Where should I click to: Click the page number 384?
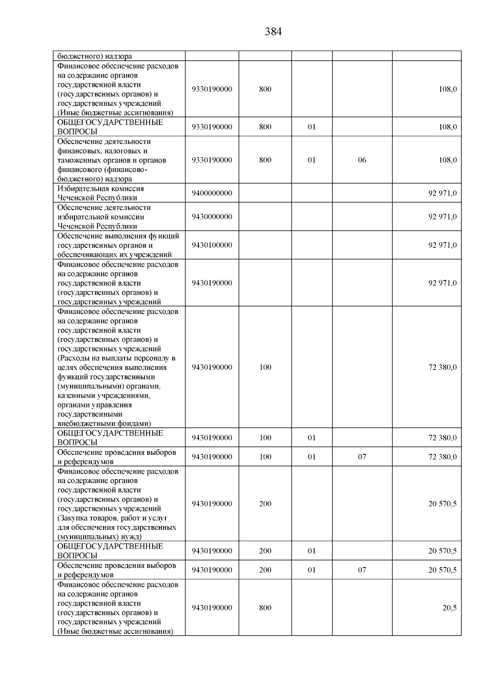[273, 32]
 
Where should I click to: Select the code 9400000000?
[212, 193]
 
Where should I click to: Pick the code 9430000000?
[212, 217]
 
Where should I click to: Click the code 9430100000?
[212, 245]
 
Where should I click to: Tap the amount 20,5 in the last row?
[449, 608]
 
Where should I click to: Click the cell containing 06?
[362, 160]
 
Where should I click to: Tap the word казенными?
[76, 395]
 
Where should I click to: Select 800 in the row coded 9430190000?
[265, 608]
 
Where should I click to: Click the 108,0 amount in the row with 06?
[448, 160]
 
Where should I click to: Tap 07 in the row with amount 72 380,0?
[362, 457]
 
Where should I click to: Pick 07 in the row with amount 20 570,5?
[362, 570]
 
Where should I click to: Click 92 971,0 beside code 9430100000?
[442, 245]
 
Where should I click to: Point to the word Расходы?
[76, 358]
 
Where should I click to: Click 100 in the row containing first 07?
[265, 457]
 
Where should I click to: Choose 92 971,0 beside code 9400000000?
[442, 193]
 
